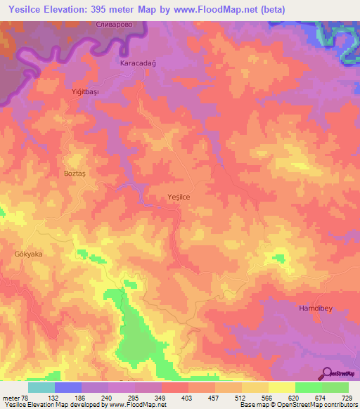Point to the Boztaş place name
click(76, 173)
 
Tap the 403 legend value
click(187, 397)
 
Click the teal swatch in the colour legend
click(41, 387)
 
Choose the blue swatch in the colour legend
click(67, 387)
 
